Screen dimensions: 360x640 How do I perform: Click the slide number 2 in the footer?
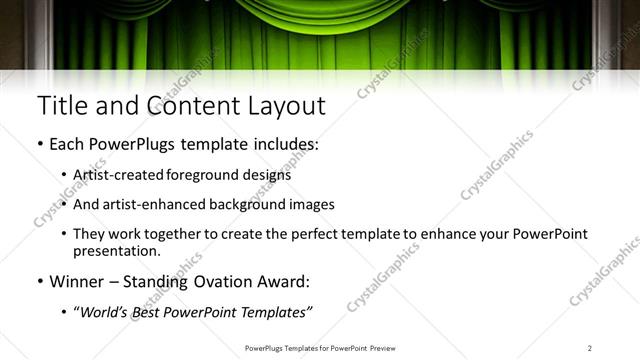coord(590,347)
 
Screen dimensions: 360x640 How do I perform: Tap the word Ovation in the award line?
coord(222,282)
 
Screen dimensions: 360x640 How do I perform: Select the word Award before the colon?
coord(283,282)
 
